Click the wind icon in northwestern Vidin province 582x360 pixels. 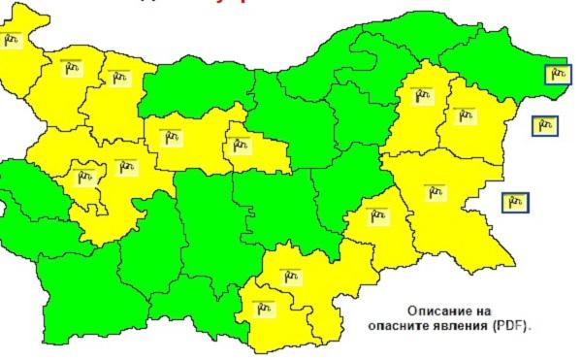click(x=13, y=40)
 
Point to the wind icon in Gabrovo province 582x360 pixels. click(x=240, y=147)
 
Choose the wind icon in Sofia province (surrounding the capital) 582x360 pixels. click(x=125, y=166)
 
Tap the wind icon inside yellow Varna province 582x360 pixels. click(x=463, y=115)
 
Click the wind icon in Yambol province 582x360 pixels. click(x=375, y=214)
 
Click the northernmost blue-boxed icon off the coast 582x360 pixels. click(x=556, y=73)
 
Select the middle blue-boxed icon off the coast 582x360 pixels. click(x=546, y=125)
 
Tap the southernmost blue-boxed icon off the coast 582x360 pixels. click(x=514, y=202)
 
